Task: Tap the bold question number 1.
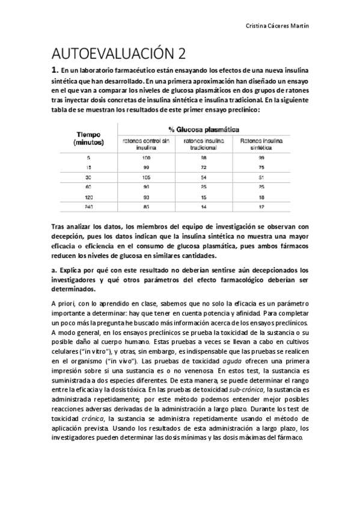pyautogui.click(x=56, y=70)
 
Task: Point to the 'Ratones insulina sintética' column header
pyautogui.click(x=257, y=145)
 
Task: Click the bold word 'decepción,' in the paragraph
pyautogui.click(x=69, y=236)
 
